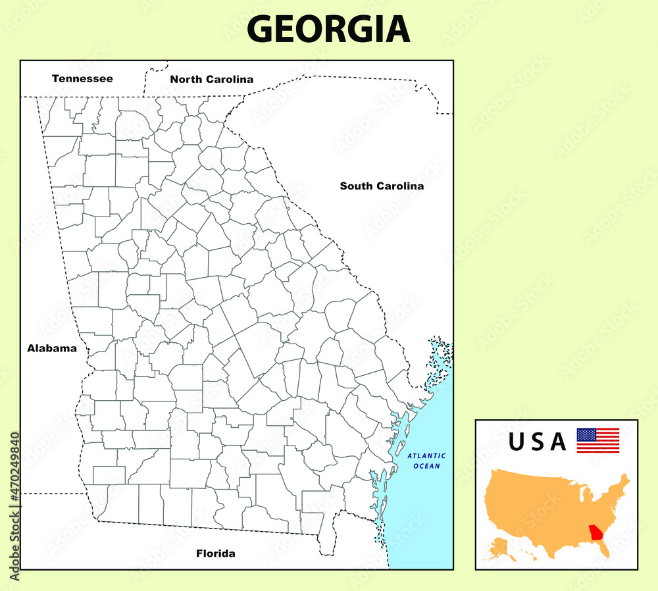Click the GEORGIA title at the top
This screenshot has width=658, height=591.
coord(328,29)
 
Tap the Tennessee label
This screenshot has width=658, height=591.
coord(82,78)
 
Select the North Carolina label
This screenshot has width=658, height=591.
coord(211,79)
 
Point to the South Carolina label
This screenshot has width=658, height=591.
coord(382,186)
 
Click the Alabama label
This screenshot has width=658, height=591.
coord(52,348)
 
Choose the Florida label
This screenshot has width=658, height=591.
coord(215,553)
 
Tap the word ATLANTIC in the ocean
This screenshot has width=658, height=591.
coord(426,455)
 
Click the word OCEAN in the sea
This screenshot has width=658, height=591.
coord(426,466)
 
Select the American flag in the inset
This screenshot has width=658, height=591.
coord(597,440)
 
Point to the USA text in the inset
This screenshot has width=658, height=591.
coord(537,442)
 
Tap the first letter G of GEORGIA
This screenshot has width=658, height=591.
coord(260,29)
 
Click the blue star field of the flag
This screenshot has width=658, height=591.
coord(585,434)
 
